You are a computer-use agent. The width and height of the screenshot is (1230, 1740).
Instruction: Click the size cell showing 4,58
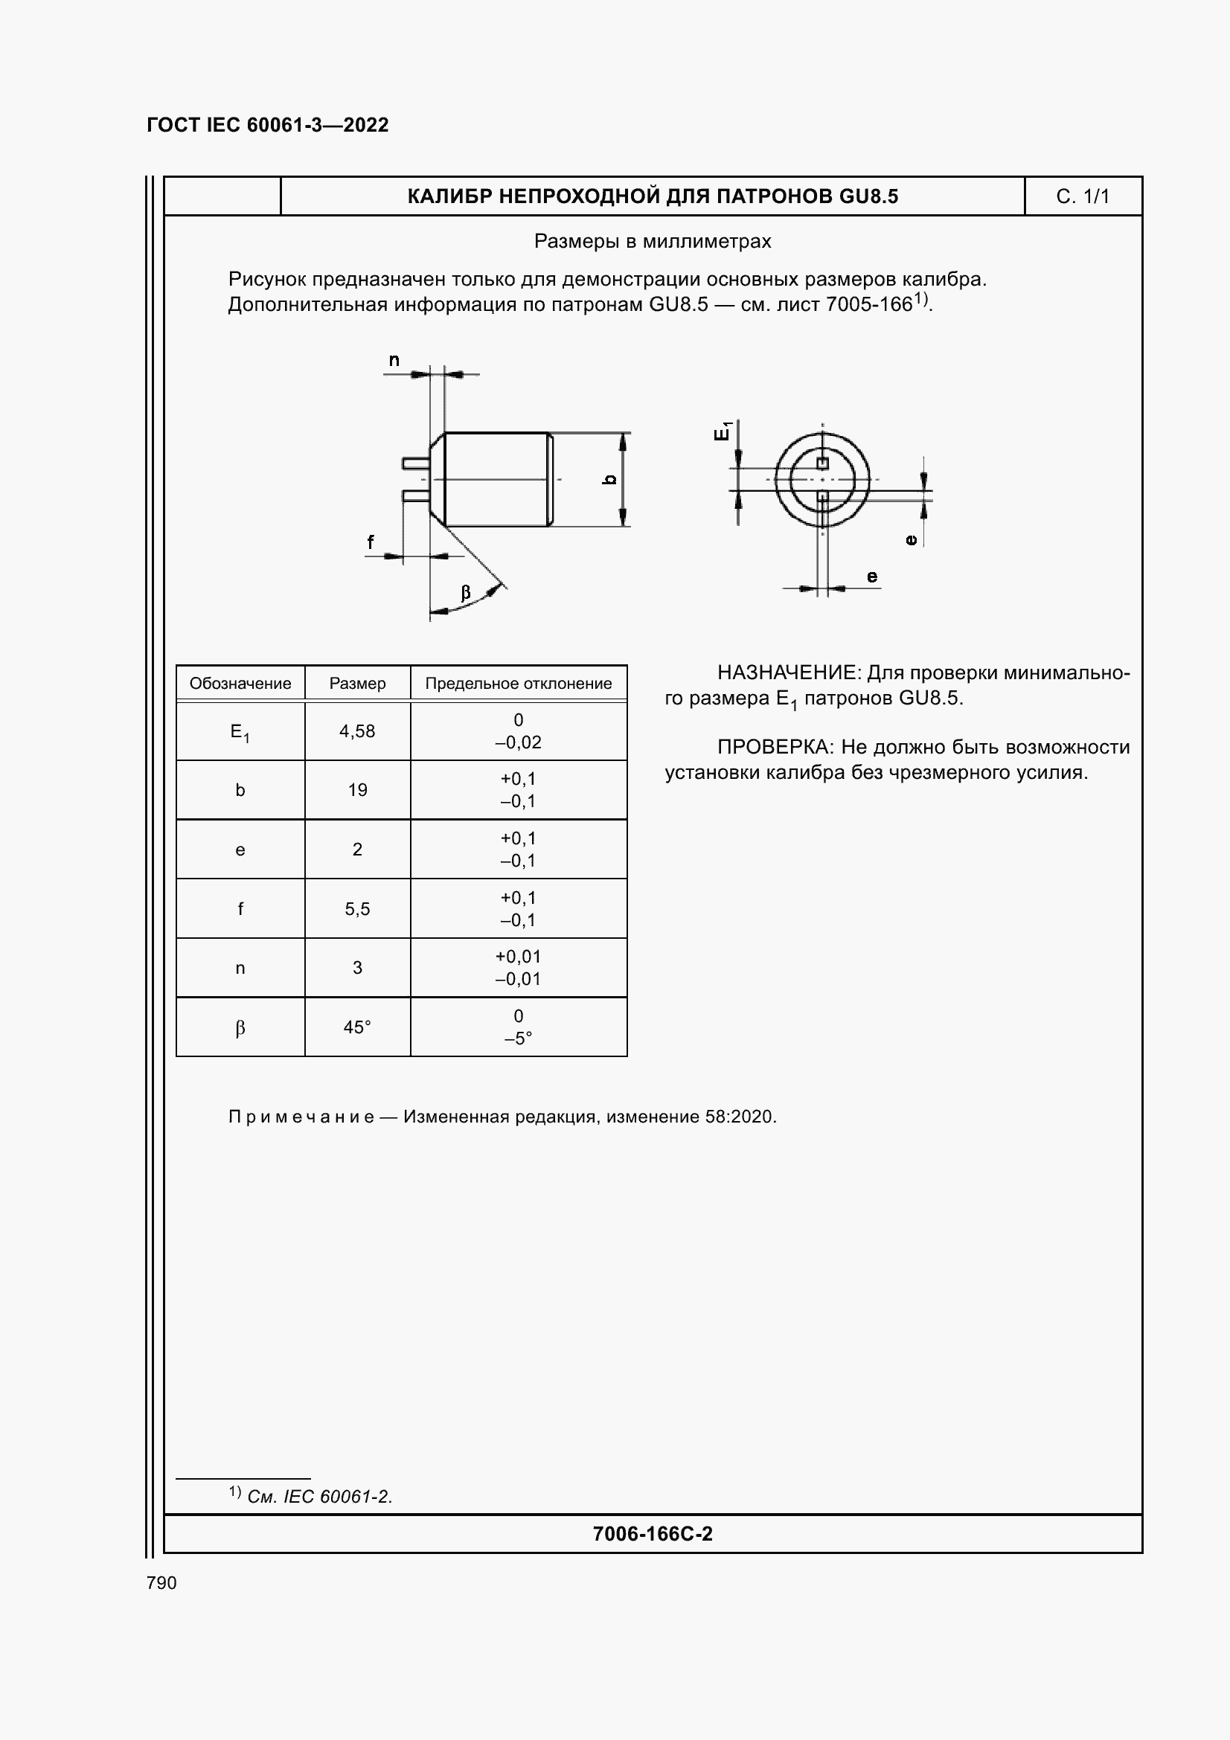point(357,731)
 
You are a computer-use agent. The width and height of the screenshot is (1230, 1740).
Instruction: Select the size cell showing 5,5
point(357,908)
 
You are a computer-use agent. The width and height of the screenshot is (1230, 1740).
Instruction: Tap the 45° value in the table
point(357,1027)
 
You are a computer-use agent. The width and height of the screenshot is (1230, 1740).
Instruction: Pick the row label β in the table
point(240,1027)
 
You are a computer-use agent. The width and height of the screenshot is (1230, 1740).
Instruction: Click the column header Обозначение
point(240,684)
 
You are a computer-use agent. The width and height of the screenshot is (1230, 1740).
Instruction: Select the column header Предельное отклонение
point(519,684)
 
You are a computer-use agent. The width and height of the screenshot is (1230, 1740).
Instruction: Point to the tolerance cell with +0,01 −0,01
point(519,968)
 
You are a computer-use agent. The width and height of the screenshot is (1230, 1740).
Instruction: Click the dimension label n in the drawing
point(394,361)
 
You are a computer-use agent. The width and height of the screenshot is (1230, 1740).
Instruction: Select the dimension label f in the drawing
point(371,542)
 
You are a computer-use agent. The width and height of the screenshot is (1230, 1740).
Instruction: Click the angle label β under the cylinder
point(465,593)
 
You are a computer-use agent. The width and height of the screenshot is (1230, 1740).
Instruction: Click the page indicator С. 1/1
point(1082,197)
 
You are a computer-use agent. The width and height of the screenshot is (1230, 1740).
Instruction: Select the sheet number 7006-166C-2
point(653,1534)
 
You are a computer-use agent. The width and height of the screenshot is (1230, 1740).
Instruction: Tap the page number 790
point(161,1582)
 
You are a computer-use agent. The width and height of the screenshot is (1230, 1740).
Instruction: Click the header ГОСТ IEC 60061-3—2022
point(268,125)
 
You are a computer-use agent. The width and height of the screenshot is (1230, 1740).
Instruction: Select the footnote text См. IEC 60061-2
point(319,1497)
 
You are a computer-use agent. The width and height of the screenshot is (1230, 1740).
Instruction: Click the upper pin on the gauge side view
point(415,463)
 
